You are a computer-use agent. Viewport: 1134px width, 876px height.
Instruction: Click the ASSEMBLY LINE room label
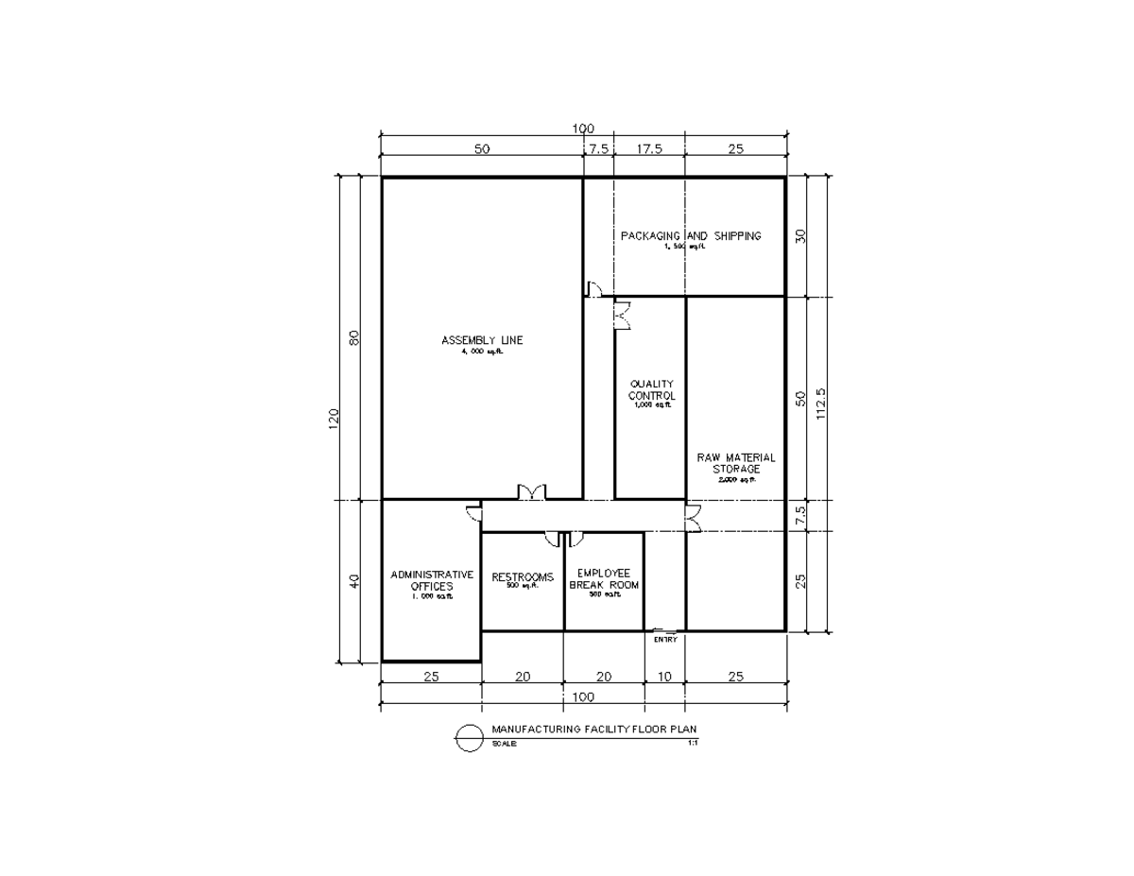pyautogui.click(x=482, y=340)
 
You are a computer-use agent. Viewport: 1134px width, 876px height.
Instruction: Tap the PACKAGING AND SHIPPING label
pyautogui.click(x=690, y=236)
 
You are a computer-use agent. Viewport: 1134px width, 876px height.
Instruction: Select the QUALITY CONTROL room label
pyautogui.click(x=652, y=390)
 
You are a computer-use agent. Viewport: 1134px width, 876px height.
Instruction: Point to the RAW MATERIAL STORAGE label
pyautogui.click(x=736, y=463)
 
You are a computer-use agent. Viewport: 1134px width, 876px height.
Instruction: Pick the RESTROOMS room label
pyautogui.click(x=523, y=577)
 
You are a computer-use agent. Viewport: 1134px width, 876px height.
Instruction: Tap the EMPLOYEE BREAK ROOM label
pyautogui.click(x=604, y=579)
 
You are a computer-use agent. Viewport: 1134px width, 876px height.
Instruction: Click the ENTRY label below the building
pyautogui.click(x=665, y=640)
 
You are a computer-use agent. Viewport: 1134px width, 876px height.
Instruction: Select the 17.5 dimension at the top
pyautogui.click(x=649, y=148)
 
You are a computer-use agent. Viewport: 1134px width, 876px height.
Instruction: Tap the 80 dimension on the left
pyautogui.click(x=354, y=337)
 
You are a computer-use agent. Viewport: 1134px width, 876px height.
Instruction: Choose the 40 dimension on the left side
pyautogui.click(x=354, y=581)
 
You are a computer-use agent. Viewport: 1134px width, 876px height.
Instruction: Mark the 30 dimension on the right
pyautogui.click(x=800, y=237)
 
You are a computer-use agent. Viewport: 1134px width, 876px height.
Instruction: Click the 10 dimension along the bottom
pyautogui.click(x=664, y=676)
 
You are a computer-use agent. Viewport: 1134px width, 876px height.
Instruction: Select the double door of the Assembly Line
pyautogui.click(x=531, y=491)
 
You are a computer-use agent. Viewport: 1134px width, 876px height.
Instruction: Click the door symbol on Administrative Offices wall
pyautogui.click(x=473, y=512)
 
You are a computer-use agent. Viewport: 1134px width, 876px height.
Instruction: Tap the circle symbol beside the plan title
pyautogui.click(x=469, y=737)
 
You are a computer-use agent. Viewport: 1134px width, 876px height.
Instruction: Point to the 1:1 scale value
pyautogui.click(x=693, y=743)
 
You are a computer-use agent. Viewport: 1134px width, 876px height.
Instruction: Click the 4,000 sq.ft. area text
pyautogui.click(x=482, y=352)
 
